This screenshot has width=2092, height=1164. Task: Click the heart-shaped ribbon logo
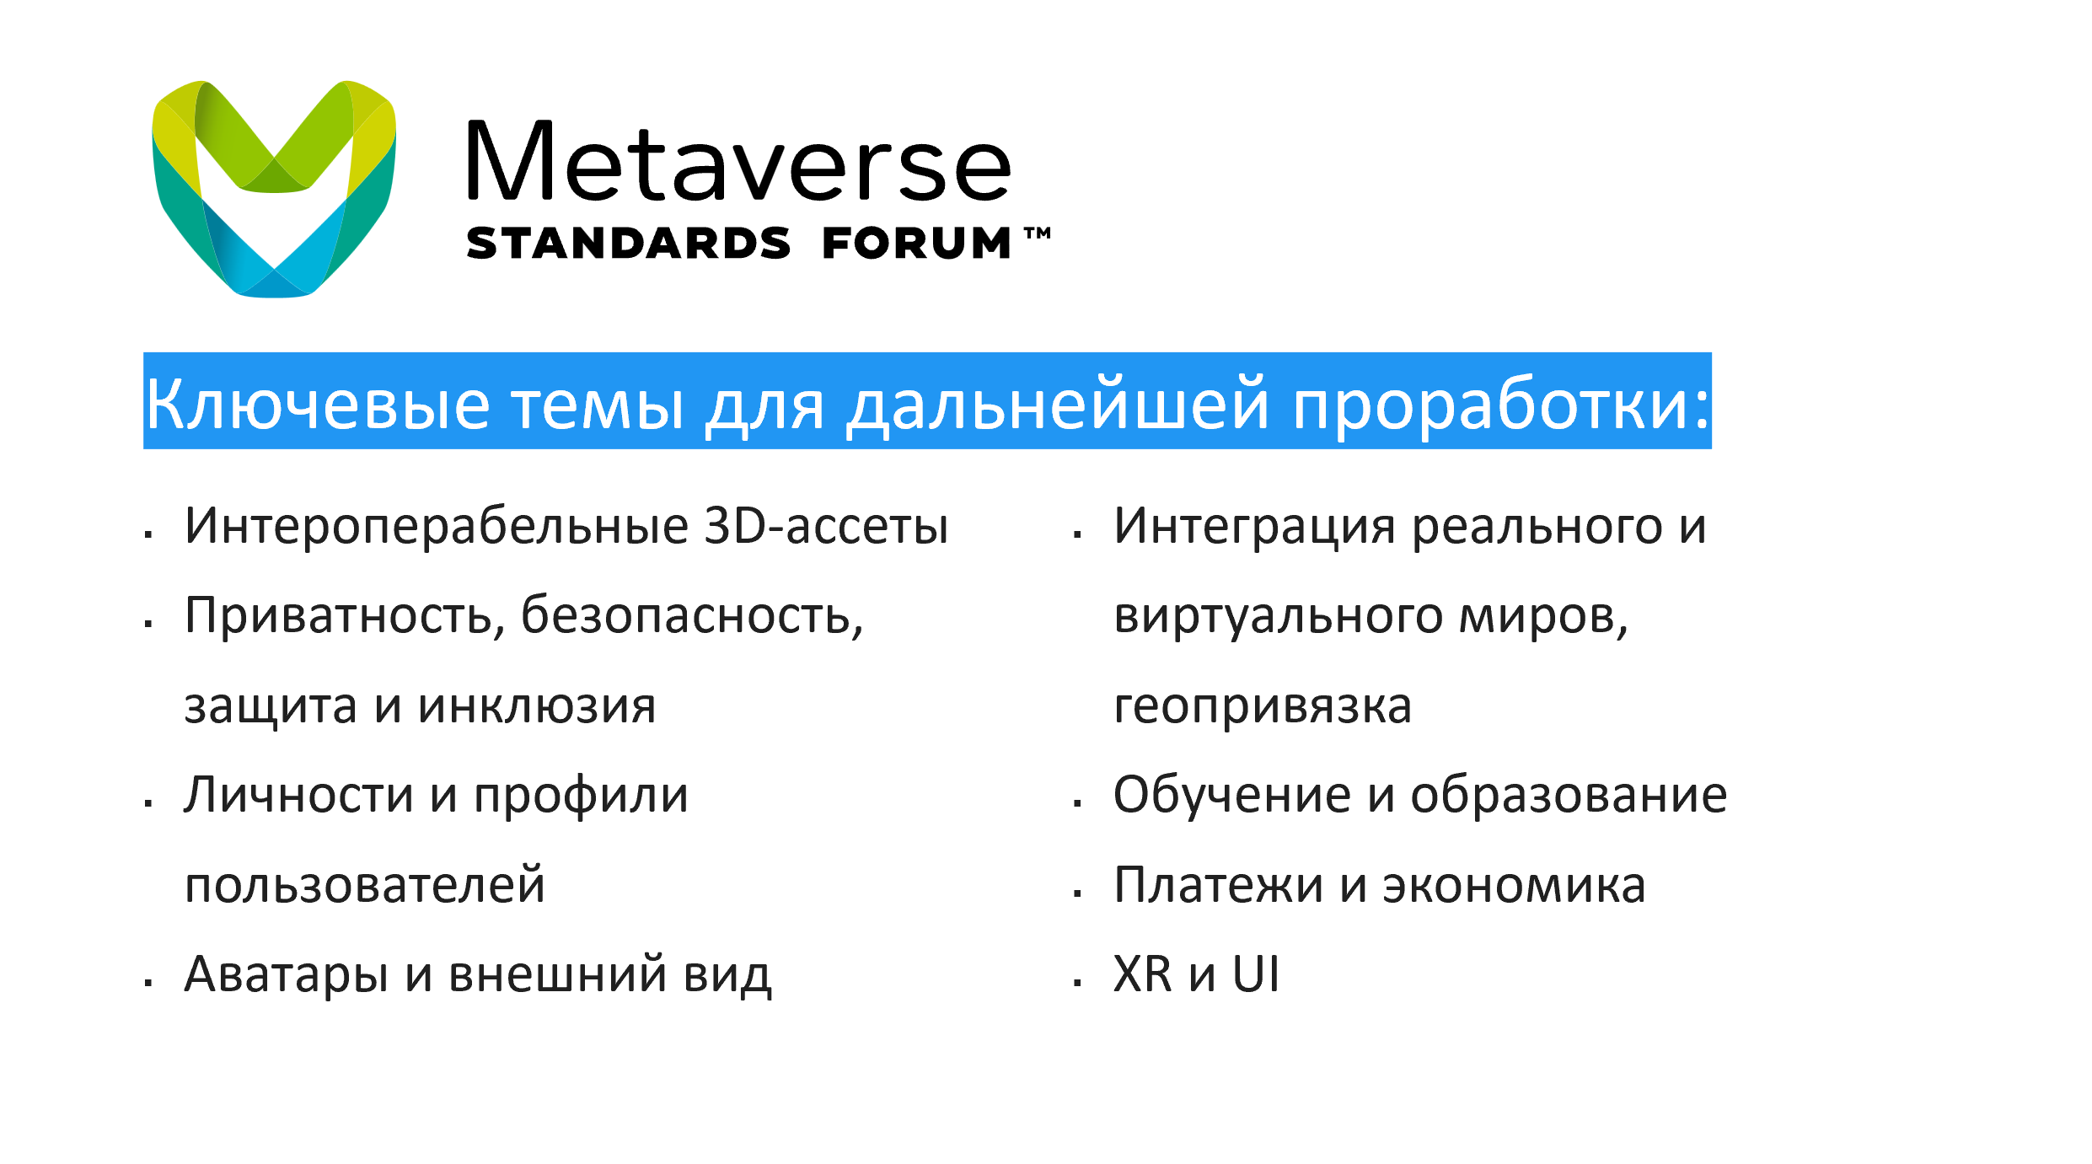tap(274, 189)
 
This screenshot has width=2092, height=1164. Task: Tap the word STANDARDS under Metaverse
tap(628, 243)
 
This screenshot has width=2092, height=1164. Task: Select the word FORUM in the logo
tap(916, 243)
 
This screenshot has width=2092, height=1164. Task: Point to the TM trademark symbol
tap(1038, 233)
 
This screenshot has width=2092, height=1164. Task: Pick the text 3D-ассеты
tap(826, 526)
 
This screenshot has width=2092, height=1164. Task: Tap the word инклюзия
tap(537, 706)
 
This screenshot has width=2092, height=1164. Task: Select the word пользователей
tap(365, 885)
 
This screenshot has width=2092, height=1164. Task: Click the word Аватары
tap(287, 975)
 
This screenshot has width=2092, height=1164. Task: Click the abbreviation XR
tap(1143, 974)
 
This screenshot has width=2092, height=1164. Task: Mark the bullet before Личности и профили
tap(148, 803)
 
